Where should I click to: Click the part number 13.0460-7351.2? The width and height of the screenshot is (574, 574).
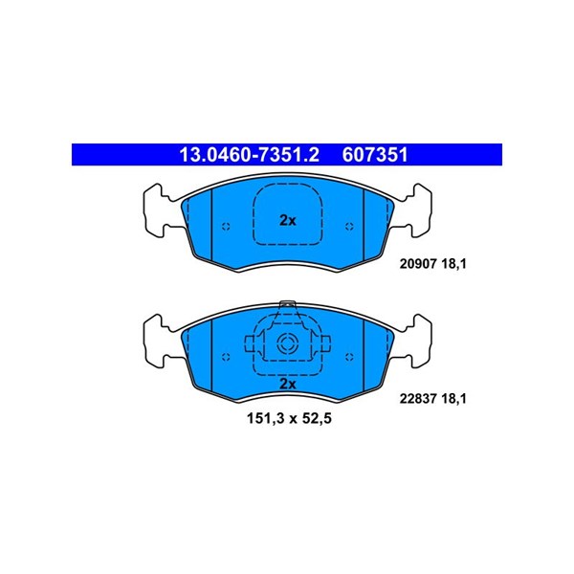(x=249, y=155)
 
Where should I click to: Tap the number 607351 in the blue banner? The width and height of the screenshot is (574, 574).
(x=375, y=155)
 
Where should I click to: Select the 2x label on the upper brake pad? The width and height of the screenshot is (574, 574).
(x=288, y=220)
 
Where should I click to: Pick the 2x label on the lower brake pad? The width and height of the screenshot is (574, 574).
(x=288, y=384)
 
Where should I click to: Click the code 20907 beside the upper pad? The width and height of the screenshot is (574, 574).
(x=418, y=264)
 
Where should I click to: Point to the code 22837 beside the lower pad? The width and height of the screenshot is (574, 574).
(x=418, y=398)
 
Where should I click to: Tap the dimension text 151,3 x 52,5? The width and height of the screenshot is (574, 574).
(x=289, y=418)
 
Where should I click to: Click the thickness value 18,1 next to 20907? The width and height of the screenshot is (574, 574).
(x=453, y=264)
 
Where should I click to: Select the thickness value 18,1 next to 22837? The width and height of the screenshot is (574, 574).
(x=453, y=399)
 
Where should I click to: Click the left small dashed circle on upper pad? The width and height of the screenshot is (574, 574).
(x=226, y=226)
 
